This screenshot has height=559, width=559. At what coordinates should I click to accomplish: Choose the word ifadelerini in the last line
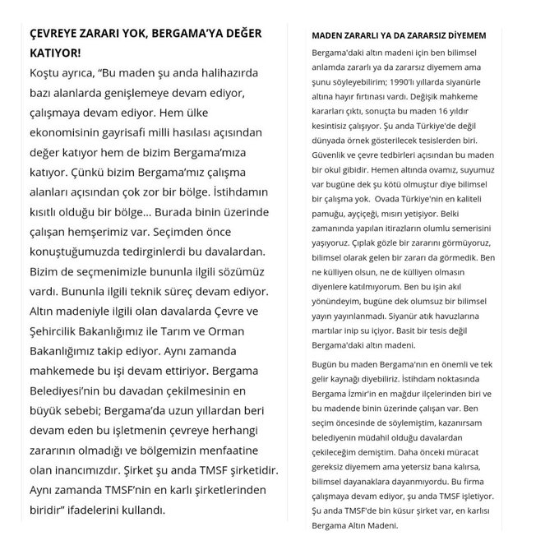(x=101, y=510)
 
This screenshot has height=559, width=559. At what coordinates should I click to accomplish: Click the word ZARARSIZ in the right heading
(x=426, y=35)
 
